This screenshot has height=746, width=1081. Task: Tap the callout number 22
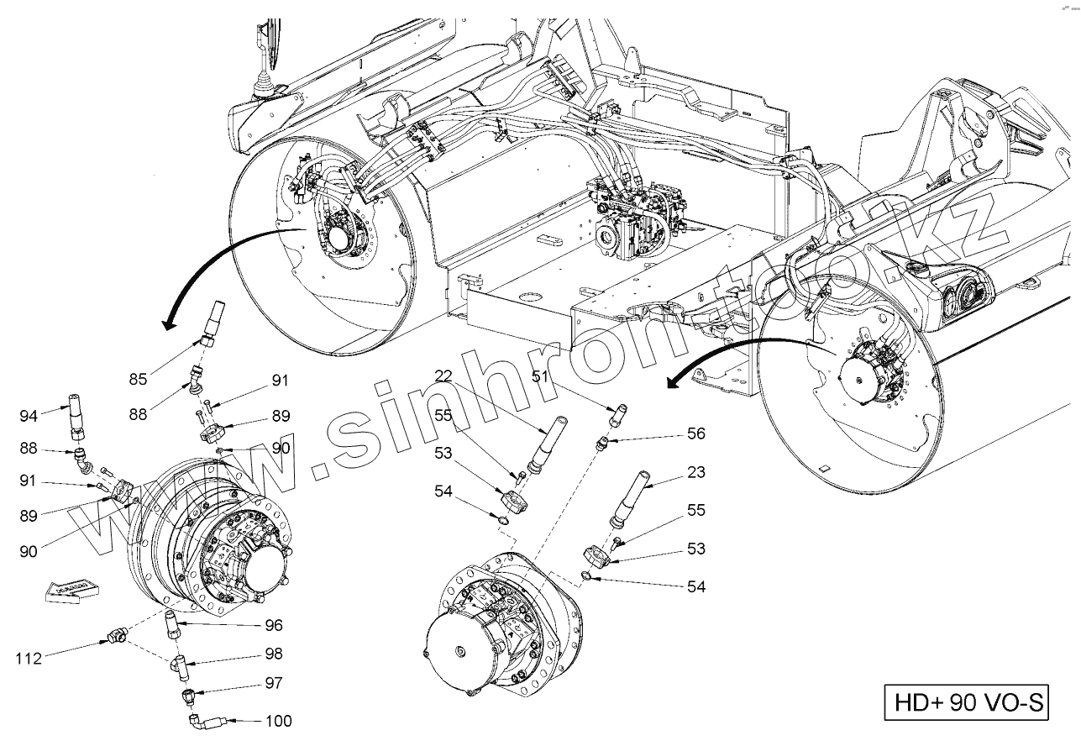tap(444, 375)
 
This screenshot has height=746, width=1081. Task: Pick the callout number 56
tap(696, 433)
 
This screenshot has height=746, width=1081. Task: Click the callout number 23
tap(696, 472)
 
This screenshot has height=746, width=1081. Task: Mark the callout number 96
tap(274, 625)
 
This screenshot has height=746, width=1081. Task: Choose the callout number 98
tap(274, 654)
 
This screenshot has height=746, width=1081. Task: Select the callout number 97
tap(274, 683)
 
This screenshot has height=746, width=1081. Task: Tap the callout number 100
tap(279, 721)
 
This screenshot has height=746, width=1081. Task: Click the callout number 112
tap(29, 658)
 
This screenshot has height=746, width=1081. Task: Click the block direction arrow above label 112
tap(67, 590)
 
